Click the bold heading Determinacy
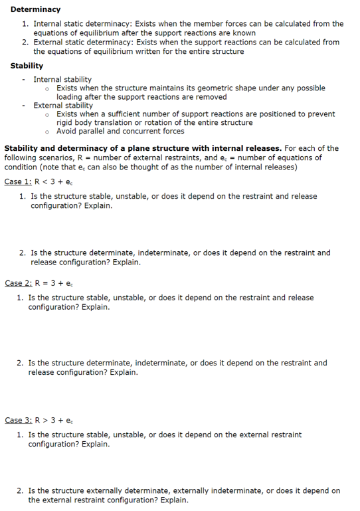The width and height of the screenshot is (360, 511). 35,9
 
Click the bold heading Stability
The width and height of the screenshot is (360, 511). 27,66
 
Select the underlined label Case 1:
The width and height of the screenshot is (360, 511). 18,181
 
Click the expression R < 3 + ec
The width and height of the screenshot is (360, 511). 56,181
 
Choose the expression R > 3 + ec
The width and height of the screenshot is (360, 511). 56,420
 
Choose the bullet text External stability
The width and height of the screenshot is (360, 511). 63,105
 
